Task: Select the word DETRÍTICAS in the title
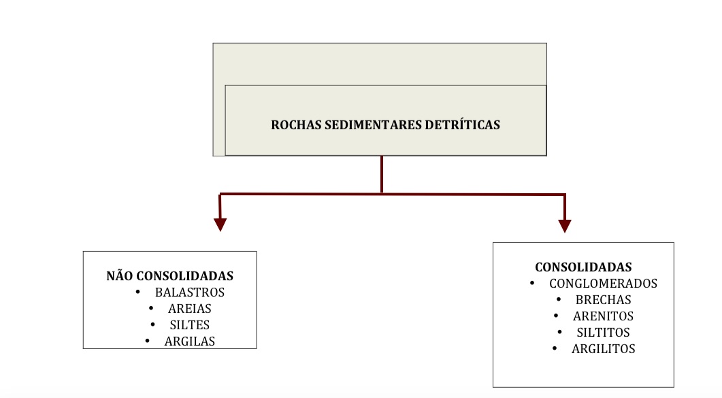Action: (462, 125)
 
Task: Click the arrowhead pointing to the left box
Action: (220, 225)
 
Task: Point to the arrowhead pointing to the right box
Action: (565, 226)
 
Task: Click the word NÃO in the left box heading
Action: (120, 276)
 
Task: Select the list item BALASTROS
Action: (190, 292)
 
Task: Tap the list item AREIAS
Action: (190, 308)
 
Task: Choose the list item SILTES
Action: (190, 325)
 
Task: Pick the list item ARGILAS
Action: (190, 341)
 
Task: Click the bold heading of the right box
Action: (583, 267)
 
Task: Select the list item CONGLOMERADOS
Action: (603, 284)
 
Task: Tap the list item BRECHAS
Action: (603, 299)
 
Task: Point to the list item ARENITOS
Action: (603, 316)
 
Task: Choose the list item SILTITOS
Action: (603, 332)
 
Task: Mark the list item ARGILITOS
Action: (603, 349)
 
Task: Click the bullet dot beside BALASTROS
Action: (137, 292)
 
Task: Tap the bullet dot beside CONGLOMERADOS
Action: (532, 283)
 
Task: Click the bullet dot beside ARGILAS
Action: (148, 340)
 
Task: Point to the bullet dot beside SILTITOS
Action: (559, 332)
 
